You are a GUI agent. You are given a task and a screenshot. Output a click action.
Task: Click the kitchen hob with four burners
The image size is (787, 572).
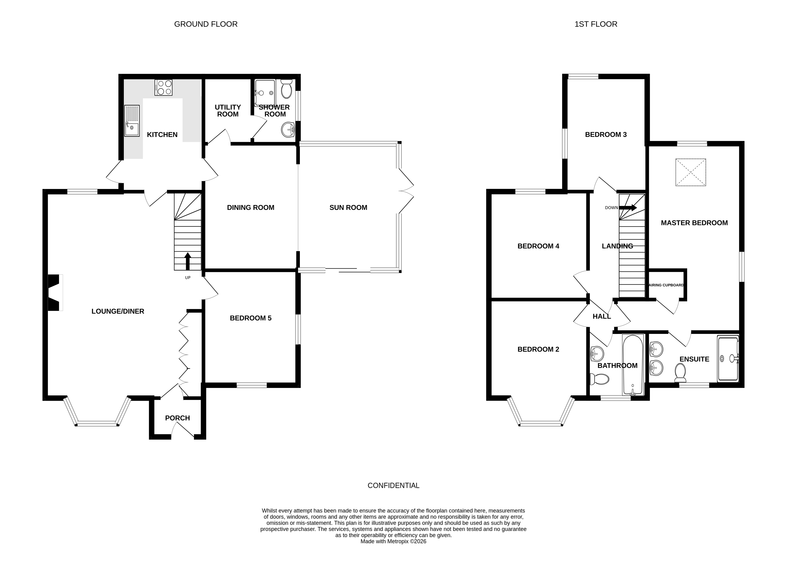click(163, 88)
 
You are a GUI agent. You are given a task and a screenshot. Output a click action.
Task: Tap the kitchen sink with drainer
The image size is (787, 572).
click(132, 121)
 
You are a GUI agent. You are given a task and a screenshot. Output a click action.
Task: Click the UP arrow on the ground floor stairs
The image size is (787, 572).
click(187, 261)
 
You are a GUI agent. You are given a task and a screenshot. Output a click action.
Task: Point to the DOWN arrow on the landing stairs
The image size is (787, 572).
click(628, 208)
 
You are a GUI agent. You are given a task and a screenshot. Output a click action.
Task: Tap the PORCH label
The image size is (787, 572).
click(177, 418)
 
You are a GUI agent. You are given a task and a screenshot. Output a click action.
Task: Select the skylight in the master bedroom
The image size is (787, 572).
click(690, 172)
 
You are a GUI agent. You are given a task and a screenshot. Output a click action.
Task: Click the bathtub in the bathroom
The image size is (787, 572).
click(633, 365)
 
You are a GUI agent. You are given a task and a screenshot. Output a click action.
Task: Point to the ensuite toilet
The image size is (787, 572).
click(680, 372)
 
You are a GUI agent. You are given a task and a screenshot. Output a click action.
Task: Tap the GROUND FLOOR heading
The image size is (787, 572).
click(206, 24)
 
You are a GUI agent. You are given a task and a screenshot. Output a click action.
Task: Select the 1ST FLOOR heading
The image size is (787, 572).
click(596, 24)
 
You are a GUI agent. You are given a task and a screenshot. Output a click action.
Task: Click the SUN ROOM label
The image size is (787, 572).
click(348, 207)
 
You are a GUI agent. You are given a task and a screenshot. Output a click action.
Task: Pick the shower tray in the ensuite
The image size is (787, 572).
click(728, 359)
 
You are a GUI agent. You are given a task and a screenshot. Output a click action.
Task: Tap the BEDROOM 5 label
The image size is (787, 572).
click(250, 318)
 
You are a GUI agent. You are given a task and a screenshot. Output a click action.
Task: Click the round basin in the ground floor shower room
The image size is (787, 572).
click(288, 130)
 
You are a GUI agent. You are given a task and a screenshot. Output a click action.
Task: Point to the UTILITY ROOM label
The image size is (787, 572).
click(228, 111)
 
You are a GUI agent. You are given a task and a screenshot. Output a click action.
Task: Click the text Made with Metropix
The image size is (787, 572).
click(393, 541)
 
